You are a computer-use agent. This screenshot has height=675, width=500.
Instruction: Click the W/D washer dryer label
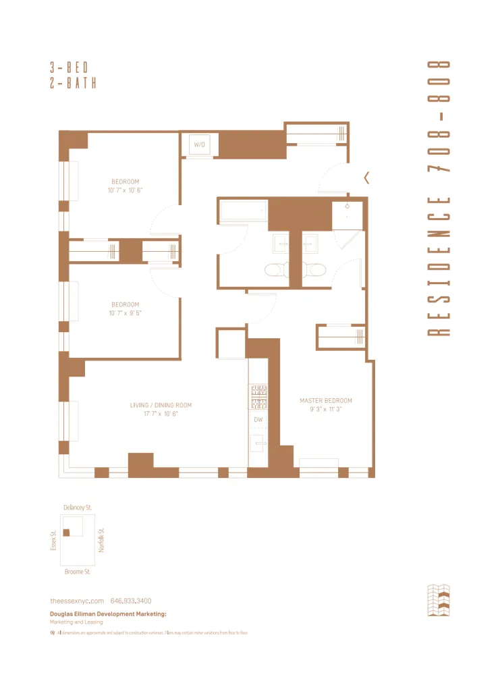[x=200, y=144]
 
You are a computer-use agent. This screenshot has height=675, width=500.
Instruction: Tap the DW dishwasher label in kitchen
[x=258, y=419]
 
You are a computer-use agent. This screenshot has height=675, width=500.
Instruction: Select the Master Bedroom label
[x=326, y=400]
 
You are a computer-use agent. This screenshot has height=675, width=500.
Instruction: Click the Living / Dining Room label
[x=161, y=405]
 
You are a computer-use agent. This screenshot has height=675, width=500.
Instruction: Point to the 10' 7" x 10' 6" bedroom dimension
[x=125, y=190]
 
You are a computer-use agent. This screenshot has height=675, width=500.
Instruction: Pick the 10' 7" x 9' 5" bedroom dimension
[x=125, y=313]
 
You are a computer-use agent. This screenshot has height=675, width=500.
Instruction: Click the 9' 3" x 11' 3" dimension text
[x=326, y=410]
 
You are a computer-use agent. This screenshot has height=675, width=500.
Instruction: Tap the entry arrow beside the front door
[x=366, y=178]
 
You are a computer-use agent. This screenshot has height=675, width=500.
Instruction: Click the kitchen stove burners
[x=258, y=396]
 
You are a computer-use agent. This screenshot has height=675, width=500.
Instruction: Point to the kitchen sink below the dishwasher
[x=258, y=443]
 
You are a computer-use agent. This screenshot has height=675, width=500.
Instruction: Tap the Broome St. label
[x=78, y=572]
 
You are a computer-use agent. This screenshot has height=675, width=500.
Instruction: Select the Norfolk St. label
[x=102, y=540]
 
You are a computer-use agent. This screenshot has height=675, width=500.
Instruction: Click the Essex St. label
[x=53, y=540]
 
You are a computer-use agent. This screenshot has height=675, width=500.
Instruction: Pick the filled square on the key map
[x=66, y=533]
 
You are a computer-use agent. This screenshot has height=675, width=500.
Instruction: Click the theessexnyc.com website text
[x=77, y=601]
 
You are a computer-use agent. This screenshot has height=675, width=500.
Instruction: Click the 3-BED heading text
[x=69, y=67]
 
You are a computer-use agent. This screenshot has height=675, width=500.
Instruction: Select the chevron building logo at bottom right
[x=439, y=601]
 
